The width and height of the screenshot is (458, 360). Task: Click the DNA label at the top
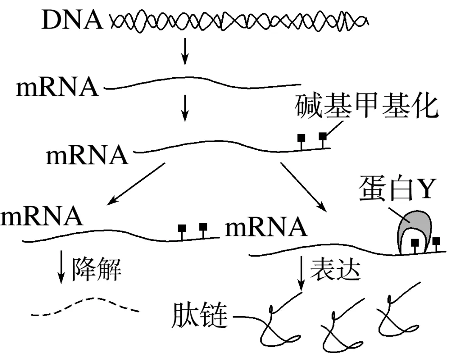tap(72, 20)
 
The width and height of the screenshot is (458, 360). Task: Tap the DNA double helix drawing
tap(240, 20)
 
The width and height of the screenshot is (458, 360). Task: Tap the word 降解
tap(97, 269)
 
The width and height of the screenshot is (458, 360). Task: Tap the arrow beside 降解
tap(62, 267)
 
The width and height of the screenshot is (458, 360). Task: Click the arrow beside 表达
tap(302, 272)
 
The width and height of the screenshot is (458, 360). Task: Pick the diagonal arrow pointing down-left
tap(136, 183)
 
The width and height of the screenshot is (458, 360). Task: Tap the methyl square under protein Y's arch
tap(415, 243)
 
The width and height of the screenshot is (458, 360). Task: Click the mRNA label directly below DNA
tap(57, 88)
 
